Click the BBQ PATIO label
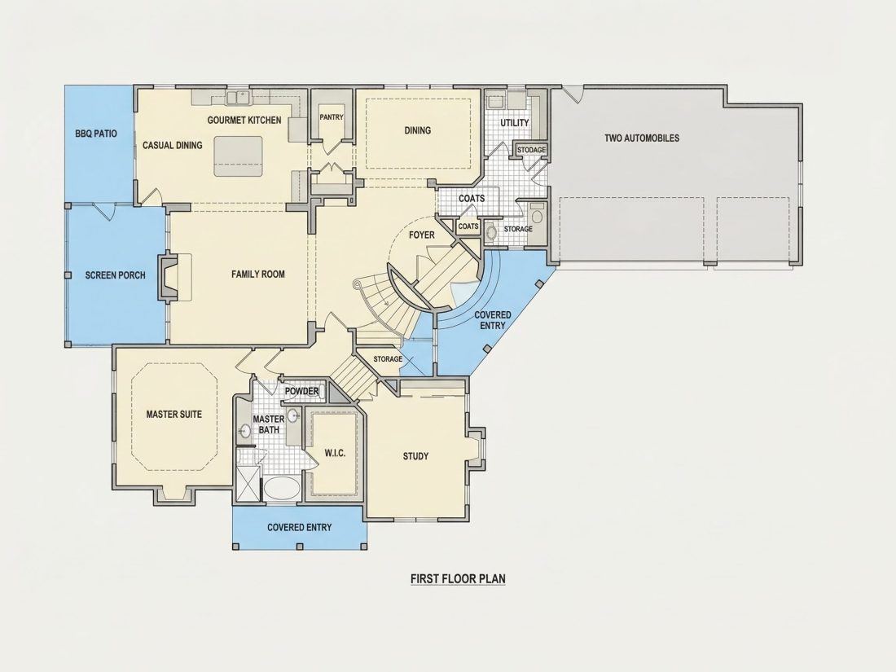point(96,134)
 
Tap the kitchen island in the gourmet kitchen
point(239,156)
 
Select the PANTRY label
point(332,117)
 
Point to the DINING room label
point(418,130)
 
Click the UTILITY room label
point(515,123)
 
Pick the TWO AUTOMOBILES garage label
point(642,138)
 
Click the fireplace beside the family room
point(169,277)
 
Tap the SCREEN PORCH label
point(116,275)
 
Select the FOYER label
point(422,235)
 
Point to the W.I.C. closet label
point(335,453)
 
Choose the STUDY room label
point(415,456)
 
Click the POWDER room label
point(301,392)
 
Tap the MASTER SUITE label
point(173,415)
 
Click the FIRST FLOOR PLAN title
point(458,579)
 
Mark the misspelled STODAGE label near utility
point(531,150)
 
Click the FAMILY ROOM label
point(257,275)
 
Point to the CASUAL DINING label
point(172,146)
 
